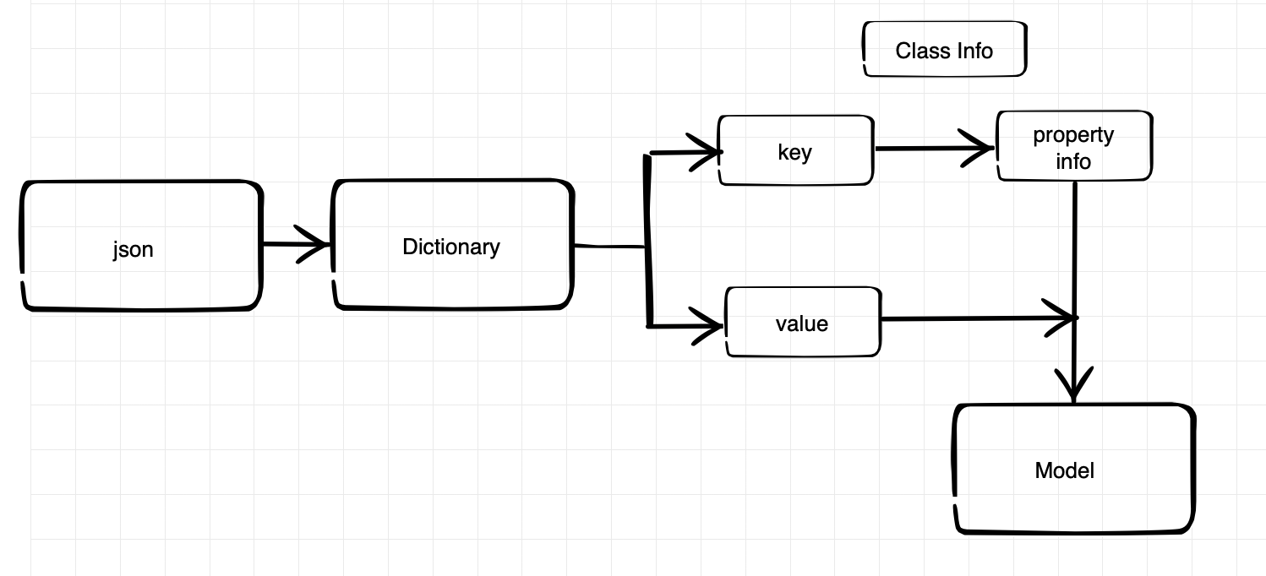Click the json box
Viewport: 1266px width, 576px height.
click(141, 246)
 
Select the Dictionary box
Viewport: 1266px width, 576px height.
click(452, 245)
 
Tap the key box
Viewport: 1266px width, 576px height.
click(796, 150)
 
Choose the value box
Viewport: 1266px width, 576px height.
click(803, 322)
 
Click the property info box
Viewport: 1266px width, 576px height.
click(1074, 146)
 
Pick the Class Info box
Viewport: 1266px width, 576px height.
click(944, 49)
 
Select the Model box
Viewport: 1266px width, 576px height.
click(1074, 469)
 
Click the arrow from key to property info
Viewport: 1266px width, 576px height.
click(935, 148)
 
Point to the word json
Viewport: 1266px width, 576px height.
click(133, 250)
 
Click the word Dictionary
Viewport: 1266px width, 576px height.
click(451, 247)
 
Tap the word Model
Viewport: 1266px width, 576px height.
click(1064, 470)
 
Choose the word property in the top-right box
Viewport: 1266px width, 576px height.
click(1073, 135)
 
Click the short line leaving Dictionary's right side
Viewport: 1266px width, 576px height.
click(610, 247)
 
